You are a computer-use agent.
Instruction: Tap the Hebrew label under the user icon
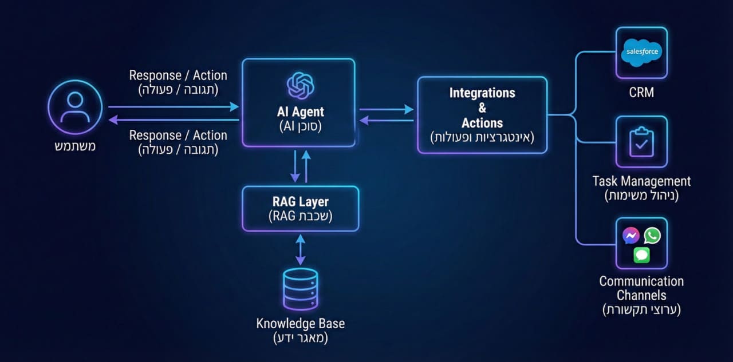75,146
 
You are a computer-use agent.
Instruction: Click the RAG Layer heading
300,202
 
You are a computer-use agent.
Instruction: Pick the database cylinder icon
300,289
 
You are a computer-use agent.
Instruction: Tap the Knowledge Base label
300,323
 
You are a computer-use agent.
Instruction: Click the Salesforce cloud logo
641,52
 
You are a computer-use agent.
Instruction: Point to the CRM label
641,92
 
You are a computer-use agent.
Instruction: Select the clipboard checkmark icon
641,142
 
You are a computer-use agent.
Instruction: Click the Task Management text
641,181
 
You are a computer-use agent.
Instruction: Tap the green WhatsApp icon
652,235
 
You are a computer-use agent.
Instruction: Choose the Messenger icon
631,235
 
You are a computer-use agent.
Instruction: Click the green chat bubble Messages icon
641,255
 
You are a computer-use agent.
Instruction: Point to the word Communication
641,281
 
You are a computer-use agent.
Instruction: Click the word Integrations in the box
482,93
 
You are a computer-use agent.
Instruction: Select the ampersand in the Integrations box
482,108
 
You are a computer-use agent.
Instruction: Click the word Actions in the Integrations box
482,122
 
